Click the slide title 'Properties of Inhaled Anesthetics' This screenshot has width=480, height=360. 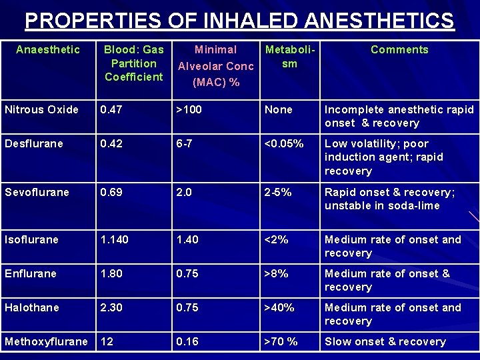coord(240,21)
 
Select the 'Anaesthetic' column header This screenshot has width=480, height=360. coord(48,49)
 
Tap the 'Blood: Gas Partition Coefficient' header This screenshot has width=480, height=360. coord(133,63)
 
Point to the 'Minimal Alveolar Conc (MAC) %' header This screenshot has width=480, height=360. coord(215,66)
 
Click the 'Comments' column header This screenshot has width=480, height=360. coord(399,49)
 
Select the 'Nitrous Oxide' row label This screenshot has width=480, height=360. coord(41,109)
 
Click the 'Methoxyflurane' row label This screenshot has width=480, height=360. coord(46,341)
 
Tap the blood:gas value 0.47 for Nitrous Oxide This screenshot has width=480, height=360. coord(112,109)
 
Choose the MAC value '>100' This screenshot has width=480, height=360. coord(189,109)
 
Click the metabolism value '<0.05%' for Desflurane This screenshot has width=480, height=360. coord(284,143)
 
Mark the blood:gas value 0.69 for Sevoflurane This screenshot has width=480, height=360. coord(112,192)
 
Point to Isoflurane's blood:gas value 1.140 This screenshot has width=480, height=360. coord(116,239)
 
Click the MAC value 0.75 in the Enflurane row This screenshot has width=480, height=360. coord(187,273)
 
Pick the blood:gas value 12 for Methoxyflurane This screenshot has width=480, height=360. coord(107,341)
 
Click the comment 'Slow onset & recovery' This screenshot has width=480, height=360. coord(385,341)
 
